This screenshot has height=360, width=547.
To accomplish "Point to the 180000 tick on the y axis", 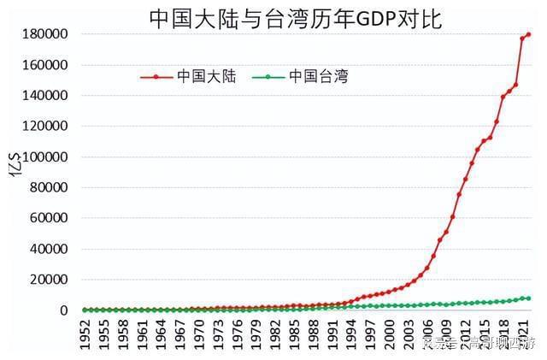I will coord(45,34).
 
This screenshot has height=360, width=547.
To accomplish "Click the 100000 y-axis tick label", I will coord(45,156).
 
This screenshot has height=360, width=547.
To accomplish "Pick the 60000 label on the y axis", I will coord(49,218).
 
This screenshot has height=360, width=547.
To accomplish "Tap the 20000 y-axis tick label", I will coord(49,280).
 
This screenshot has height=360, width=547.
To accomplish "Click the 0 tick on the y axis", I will coord(63,310).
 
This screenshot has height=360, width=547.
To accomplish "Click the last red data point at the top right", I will coord(528,34).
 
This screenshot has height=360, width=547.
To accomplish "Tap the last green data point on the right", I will coord(528,298).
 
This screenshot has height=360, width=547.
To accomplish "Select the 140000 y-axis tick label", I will coord(45,96).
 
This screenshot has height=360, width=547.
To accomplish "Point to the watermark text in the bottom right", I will coord(479,344).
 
